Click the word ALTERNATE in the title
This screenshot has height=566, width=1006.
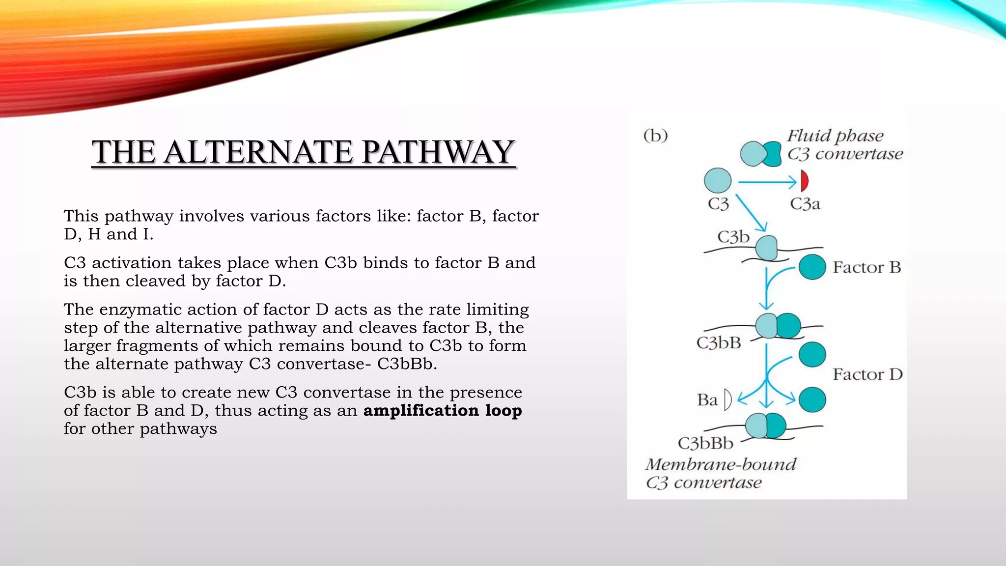pyautogui.click(x=258, y=152)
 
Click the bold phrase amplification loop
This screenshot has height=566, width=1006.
pyautogui.click(x=443, y=410)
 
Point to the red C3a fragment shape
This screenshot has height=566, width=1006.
pyautogui.click(x=804, y=181)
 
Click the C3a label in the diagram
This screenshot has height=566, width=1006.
pyautogui.click(x=805, y=203)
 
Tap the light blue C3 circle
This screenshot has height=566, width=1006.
pyautogui.click(x=718, y=180)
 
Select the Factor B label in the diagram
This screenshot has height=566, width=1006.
pyautogui.click(x=867, y=267)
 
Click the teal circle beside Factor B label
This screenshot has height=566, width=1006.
pyautogui.click(x=812, y=267)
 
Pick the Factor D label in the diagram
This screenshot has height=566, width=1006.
pyautogui.click(x=867, y=374)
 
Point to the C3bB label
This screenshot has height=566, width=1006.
pyautogui.click(x=719, y=342)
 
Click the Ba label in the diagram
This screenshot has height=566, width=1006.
pyautogui.click(x=707, y=400)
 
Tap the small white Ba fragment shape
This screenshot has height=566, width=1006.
pyautogui.click(x=727, y=400)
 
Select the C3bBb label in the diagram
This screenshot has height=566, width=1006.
pyautogui.click(x=705, y=443)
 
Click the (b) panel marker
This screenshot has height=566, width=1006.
pyautogui.click(x=656, y=135)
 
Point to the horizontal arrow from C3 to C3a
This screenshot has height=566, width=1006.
pyautogui.click(x=766, y=182)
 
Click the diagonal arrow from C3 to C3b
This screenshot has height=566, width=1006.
pyautogui.click(x=751, y=213)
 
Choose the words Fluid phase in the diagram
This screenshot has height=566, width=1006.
pyautogui.click(x=835, y=136)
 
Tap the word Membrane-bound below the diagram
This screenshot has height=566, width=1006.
pyautogui.click(x=721, y=464)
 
